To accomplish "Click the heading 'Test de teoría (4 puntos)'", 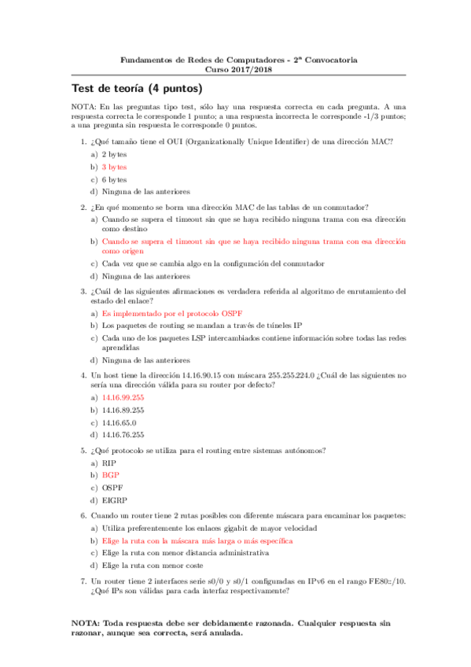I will (x=137, y=88).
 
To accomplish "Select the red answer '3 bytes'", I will (x=114, y=167).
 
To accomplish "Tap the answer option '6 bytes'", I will (x=114, y=179).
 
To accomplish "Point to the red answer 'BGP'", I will (x=109, y=475).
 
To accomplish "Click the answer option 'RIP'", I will (x=109, y=463).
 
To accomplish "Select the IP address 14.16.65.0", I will (x=119, y=422).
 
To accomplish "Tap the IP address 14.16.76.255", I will (x=123, y=434).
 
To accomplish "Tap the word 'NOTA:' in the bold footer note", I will (x=86, y=621).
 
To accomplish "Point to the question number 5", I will (x=83, y=450).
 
